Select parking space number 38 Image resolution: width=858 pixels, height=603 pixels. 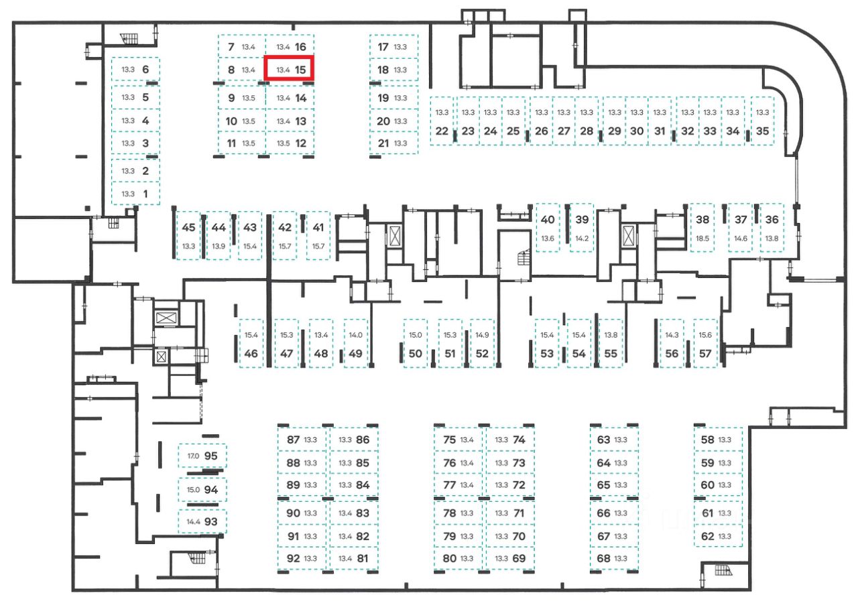point(702,219)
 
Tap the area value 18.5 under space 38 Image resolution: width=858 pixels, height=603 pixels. point(702,239)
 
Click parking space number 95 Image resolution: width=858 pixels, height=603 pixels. point(211,456)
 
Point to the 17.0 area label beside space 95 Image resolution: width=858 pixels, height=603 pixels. point(193,456)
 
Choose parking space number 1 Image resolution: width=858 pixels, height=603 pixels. point(146,194)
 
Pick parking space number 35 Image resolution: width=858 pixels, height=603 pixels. point(762,131)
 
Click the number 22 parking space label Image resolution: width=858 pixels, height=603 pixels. point(442,131)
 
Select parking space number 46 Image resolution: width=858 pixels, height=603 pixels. point(251,354)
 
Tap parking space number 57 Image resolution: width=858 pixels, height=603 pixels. point(705,354)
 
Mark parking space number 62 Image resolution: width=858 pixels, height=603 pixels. point(707,536)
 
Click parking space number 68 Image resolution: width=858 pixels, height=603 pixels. point(603,558)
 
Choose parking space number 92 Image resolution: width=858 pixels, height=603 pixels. point(293,558)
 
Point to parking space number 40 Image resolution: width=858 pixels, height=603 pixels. point(548,219)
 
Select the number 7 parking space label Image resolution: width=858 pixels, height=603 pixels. point(231,47)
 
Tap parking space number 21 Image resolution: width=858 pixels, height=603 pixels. point(383,143)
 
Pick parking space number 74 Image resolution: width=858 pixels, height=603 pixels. point(519,440)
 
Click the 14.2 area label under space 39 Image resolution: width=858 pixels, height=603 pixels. point(582,239)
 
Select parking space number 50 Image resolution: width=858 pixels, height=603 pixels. point(416,354)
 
